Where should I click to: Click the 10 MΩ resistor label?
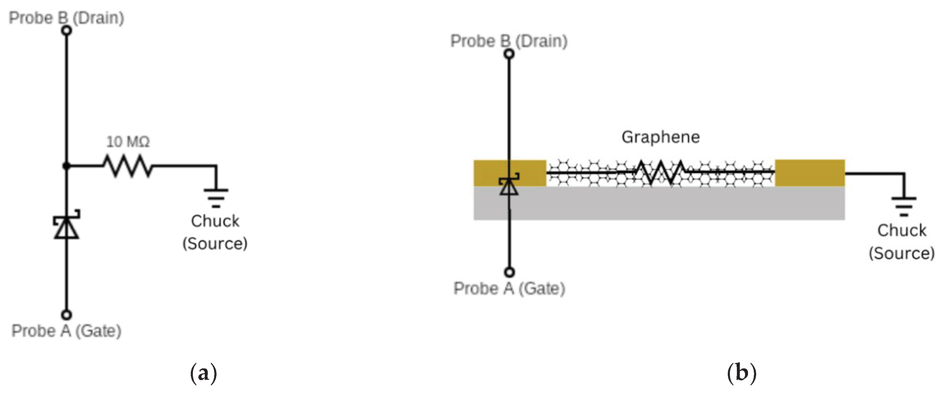[x=128, y=142]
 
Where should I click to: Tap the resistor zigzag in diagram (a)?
[x=127, y=166]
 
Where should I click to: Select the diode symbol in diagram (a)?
[x=66, y=225]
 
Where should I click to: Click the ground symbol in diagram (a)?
[x=216, y=197]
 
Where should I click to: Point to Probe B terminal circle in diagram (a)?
[x=66, y=30]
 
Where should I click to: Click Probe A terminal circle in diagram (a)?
[x=66, y=314]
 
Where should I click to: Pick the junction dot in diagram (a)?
[x=66, y=166]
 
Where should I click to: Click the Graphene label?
[x=661, y=137]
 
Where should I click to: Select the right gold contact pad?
[x=810, y=173]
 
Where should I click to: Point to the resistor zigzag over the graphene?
[x=661, y=172]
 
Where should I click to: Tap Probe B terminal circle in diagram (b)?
[x=509, y=54]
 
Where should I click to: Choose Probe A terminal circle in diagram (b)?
[x=509, y=272]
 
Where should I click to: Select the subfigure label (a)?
[x=203, y=373]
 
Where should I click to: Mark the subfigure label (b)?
[x=742, y=373]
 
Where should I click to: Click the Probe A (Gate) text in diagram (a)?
[x=66, y=331]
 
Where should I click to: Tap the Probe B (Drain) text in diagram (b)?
[x=509, y=41]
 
